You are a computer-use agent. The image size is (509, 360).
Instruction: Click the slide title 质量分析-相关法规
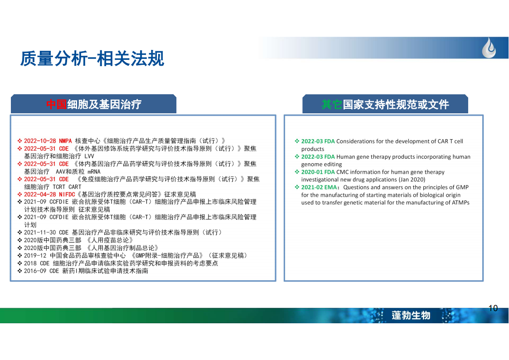(x=92, y=59)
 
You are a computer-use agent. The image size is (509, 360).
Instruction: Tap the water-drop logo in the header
(x=489, y=48)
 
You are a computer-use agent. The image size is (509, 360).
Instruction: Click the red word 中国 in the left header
(x=57, y=105)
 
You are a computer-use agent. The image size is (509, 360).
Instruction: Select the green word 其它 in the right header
(x=332, y=105)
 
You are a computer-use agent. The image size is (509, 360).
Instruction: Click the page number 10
(x=493, y=308)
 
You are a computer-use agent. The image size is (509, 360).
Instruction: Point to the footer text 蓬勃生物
(x=411, y=315)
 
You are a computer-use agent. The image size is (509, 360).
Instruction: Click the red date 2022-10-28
(x=40, y=141)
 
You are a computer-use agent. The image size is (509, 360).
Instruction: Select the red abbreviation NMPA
(x=65, y=141)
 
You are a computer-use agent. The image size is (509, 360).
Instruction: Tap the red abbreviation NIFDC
(x=67, y=195)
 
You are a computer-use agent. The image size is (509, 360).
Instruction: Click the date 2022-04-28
(x=40, y=195)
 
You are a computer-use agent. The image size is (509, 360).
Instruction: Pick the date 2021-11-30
(x=40, y=233)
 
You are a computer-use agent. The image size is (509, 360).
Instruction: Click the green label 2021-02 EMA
(x=319, y=187)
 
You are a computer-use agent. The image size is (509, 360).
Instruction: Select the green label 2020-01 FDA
(x=318, y=172)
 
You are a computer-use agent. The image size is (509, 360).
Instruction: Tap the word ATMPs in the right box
(x=461, y=203)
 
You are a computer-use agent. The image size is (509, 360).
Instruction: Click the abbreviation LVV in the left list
(x=89, y=156)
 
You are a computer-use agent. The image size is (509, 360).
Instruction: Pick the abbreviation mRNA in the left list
(x=94, y=171)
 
